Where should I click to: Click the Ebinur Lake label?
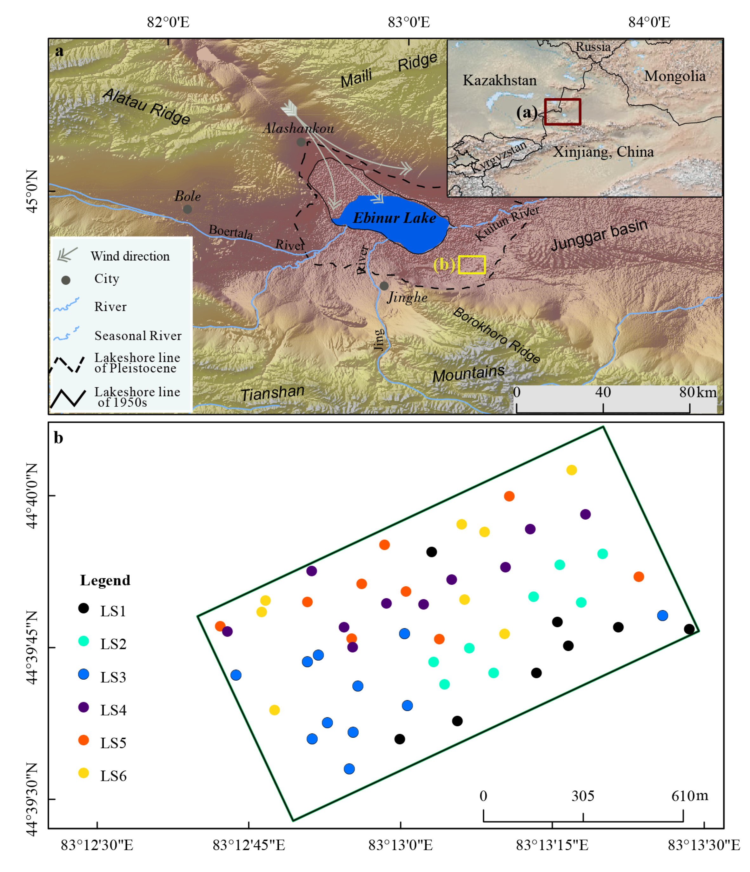point(394,218)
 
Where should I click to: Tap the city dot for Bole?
point(187,209)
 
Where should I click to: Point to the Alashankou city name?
point(298,128)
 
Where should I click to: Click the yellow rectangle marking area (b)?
point(471,265)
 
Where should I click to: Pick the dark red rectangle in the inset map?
point(562,112)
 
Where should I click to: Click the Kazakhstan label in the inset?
point(500,80)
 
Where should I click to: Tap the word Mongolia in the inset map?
point(675,76)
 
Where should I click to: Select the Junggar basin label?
point(599,235)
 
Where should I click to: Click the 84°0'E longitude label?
point(649,22)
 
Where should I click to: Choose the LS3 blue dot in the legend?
point(84,675)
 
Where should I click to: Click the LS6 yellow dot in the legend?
point(84,773)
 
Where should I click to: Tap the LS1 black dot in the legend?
point(84,608)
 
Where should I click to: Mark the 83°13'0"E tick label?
point(400,845)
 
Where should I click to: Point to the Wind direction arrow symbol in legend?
point(67,254)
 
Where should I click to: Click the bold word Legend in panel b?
point(105,580)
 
